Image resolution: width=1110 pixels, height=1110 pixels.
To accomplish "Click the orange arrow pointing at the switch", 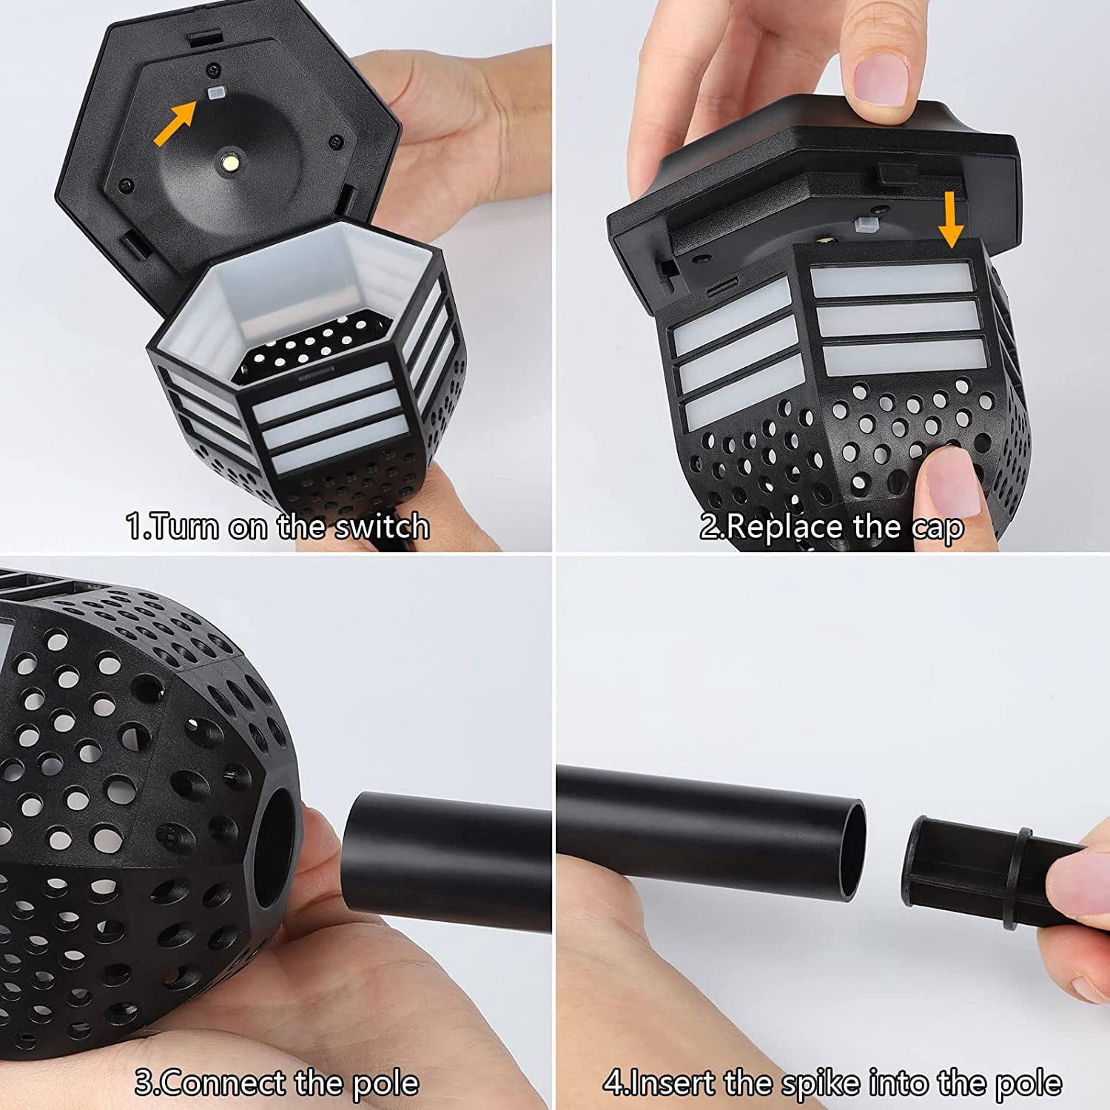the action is click(x=175, y=124).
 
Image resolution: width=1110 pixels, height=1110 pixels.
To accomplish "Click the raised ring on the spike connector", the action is click(x=1019, y=878).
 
